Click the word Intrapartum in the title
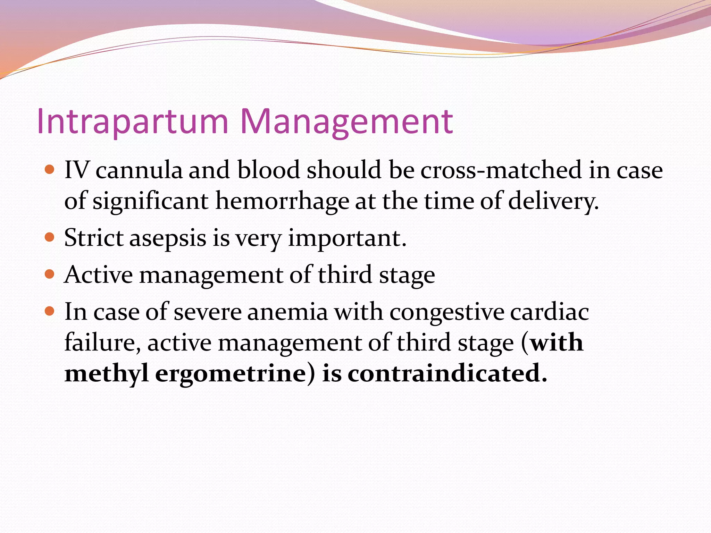pyautogui.click(x=132, y=121)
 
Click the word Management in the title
pyautogui.click(x=346, y=121)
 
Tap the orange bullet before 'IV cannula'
pyautogui.click(x=50, y=170)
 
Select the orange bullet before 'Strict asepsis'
pyautogui.click(x=50, y=237)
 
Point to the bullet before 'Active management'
pyautogui.click(x=50, y=274)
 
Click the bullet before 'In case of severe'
pyautogui.click(x=50, y=311)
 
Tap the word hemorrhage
pyautogui.click(x=282, y=201)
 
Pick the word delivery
pyautogui.click(x=553, y=201)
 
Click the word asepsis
pyautogui.click(x=168, y=239)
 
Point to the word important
pyautogui.click(x=347, y=239)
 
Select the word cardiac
pyautogui.click(x=550, y=312)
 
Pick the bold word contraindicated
pyautogui.click(x=447, y=373)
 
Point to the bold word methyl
pyautogui.click(x=107, y=374)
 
